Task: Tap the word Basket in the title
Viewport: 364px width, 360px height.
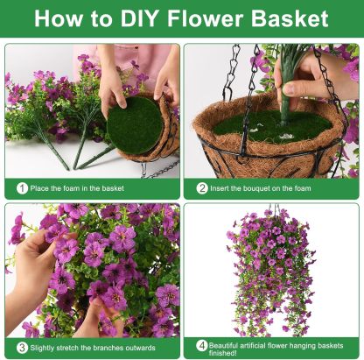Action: pyautogui.click(x=289, y=18)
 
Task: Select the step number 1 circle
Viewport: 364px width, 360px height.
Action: pyautogui.click(x=21, y=187)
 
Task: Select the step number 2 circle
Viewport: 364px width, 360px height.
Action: pyautogui.click(x=202, y=187)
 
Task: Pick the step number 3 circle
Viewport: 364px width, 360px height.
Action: pyautogui.click(x=21, y=346)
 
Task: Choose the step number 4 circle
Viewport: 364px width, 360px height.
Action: pyautogui.click(x=201, y=345)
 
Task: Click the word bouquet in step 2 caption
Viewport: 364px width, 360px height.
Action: pyautogui.click(x=269, y=187)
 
